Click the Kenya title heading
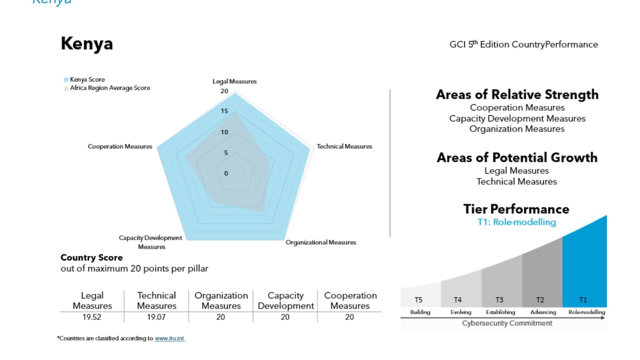click(87, 44)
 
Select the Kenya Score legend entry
click(87, 79)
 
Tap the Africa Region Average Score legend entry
click(109, 88)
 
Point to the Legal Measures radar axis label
click(234, 82)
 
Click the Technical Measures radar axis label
click(344, 146)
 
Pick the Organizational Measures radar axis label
click(321, 242)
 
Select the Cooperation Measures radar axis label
click(119, 146)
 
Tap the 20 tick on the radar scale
click(225, 91)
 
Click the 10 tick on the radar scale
click(225, 132)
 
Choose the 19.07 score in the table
click(156, 317)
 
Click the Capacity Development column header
click(285, 301)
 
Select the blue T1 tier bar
click(584, 263)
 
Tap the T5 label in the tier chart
click(418, 300)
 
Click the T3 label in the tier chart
click(500, 300)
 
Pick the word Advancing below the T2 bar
click(543, 312)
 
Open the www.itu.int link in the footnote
click(169, 339)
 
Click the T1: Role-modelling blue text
click(516, 222)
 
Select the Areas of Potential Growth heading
click(517, 157)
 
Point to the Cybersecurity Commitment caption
click(507, 323)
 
